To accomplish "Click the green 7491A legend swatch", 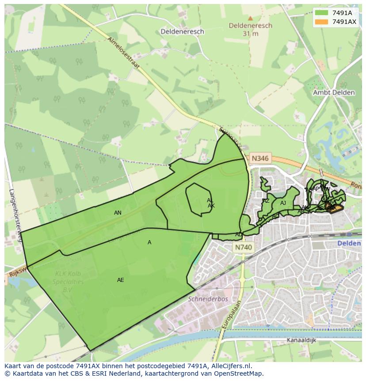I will pos(321,13).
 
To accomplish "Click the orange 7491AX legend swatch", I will pos(321,22).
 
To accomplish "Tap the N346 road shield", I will pos(259,158).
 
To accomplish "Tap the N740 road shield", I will pos(243,248).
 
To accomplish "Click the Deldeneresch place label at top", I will pos(182,31).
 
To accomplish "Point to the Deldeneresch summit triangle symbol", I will pos(250,19).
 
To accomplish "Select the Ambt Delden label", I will pos(334,92).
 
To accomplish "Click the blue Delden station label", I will pos(349,243).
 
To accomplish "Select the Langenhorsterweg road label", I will pos(15,216).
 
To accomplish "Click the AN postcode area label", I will pos(118,213).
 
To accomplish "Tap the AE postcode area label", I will pos(120,280).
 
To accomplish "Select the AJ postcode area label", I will pos(283,203).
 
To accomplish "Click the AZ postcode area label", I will pos(266,201).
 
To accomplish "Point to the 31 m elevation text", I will pos(250,34).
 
